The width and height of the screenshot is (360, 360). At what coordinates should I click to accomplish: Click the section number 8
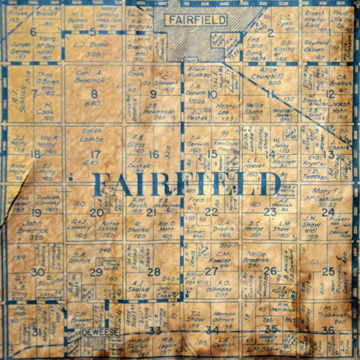(94, 93)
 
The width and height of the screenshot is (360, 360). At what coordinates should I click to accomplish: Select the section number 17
(95, 154)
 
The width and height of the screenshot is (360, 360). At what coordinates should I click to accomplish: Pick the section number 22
(211, 212)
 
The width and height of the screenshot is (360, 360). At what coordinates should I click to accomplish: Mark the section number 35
(271, 328)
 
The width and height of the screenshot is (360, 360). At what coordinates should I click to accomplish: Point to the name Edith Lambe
(92, 134)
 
